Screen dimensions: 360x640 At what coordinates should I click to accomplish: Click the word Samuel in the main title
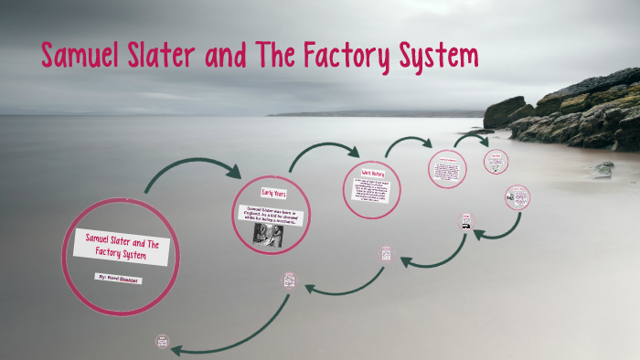pyautogui.click(x=83, y=57)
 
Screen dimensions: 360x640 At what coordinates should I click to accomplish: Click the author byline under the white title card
pyautogui.click(x=121, y=276)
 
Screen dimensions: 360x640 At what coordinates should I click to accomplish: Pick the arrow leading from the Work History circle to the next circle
pyautogui.click(x=408, y=143)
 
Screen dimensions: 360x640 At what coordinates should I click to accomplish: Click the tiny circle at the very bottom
pyautogui.click(x=164, y=343)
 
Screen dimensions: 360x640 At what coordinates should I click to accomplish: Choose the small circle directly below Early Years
pyautogui.click(x=290, y=280)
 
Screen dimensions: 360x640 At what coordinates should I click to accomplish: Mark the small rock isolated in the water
pyautogui.click(x=603, y=169)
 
